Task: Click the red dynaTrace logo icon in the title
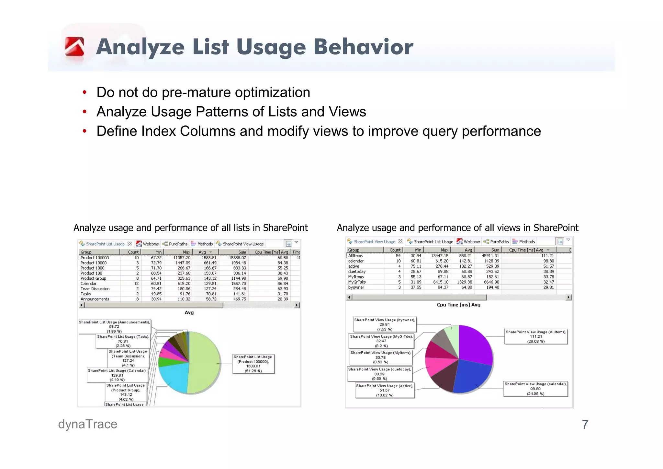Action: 74,47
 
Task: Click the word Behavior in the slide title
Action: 363,47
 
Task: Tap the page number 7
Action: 585,425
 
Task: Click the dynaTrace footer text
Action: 87,424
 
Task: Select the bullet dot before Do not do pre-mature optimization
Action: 84,93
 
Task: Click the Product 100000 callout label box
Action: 253,364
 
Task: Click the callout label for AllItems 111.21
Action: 536,336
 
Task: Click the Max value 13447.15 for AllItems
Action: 440,256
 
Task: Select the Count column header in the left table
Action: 133,252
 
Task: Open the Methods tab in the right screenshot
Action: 527,242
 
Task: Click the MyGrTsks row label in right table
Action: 357,282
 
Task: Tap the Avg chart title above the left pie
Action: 189,312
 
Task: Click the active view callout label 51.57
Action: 385,391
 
